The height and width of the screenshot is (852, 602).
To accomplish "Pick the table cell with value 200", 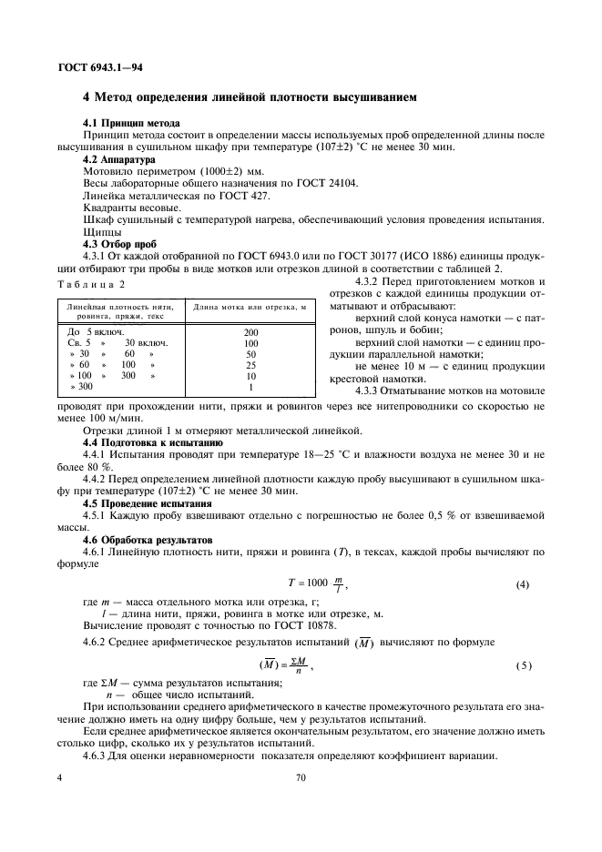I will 251,332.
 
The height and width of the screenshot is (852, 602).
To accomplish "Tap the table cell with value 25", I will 251,364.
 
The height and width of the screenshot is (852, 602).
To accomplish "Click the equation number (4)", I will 523,584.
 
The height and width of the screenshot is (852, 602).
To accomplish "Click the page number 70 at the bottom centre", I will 301,779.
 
